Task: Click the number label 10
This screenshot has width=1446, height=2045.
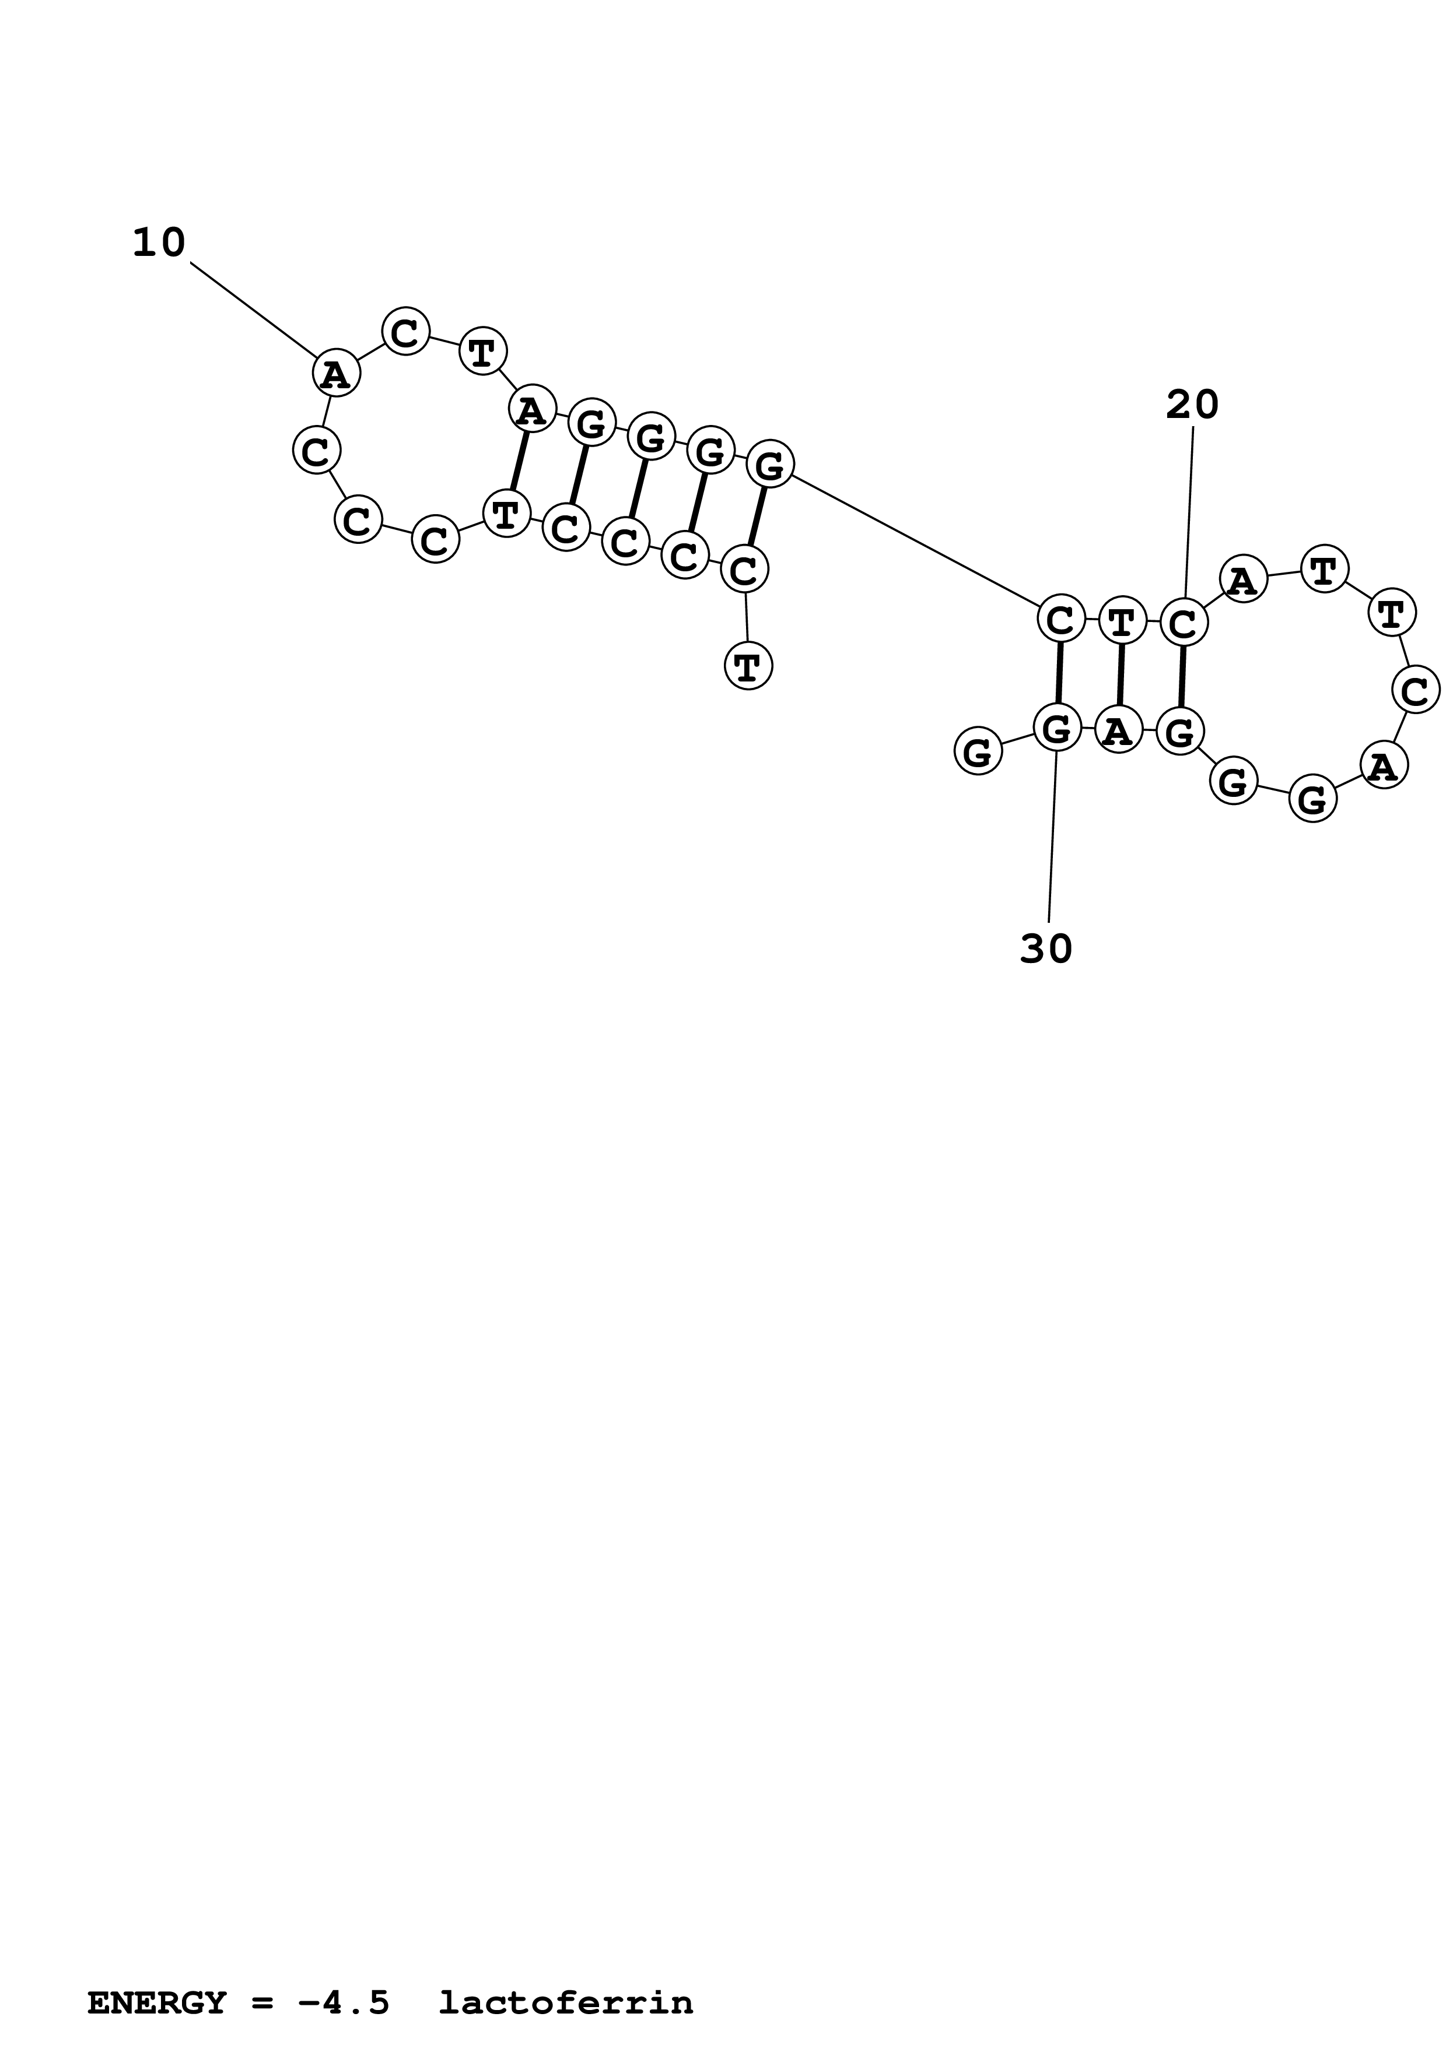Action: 159,243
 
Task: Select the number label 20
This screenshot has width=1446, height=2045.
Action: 1192,405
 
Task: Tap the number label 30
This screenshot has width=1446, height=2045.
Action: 1046,950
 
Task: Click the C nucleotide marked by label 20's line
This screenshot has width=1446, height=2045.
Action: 1183,624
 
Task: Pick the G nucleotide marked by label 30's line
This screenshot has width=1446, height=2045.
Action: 1057,729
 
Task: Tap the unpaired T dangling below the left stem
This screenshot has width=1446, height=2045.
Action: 748,666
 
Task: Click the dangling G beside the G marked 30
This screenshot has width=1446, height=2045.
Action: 978,752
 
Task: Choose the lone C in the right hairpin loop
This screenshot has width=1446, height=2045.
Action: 1415,690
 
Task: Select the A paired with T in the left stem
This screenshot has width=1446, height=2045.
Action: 532,410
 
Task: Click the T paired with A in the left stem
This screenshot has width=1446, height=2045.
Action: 506,513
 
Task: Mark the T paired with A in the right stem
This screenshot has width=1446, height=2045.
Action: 1122,621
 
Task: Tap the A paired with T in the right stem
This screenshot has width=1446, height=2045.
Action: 1118,730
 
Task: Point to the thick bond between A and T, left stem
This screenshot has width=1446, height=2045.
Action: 519,461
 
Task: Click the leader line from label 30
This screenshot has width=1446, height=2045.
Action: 1052,837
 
